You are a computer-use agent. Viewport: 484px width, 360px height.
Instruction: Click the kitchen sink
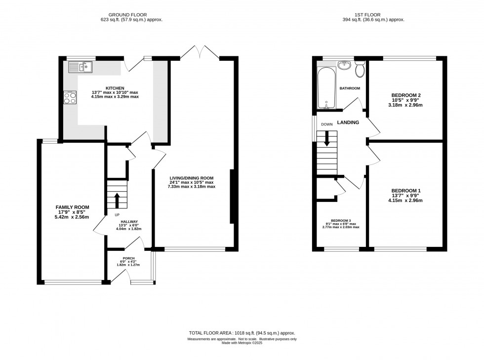click(x=79, y=67)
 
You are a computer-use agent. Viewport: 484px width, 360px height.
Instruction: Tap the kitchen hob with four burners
click(x=70, y=98)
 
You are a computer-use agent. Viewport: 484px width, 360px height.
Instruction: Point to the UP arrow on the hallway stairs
click(x=117, y=200)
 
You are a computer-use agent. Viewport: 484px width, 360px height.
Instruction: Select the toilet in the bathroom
click(x=360, y=70)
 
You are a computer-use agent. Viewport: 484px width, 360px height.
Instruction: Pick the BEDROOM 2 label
click(x=405, y=95)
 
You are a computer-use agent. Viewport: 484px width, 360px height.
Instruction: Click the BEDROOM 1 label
click(x=406, y=191)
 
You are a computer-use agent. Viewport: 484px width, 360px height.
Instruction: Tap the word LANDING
click(x=348, y=122)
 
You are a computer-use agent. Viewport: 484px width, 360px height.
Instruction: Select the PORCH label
click(x=128, y=258)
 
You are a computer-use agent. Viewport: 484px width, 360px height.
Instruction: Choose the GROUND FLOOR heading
click(x=130, y=14)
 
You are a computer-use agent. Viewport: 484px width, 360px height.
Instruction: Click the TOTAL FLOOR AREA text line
click(x=242, y=333)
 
